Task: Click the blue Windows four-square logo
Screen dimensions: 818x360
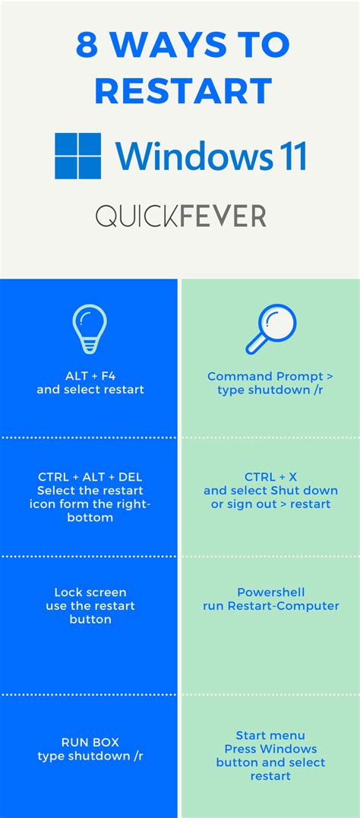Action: coord(78,156)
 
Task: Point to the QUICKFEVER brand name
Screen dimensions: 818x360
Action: coord(181,216)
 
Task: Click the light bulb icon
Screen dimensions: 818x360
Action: coord(90,331)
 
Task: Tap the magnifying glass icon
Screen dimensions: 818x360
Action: coord(270,331)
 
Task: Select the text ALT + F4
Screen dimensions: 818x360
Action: coord(90,376)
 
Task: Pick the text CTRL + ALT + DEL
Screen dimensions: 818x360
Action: coord(90,476)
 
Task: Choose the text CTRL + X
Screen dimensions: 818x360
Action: coord(270,476)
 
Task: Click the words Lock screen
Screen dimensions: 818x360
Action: coord(90,592)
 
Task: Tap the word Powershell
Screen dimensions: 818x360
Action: coord(270,592)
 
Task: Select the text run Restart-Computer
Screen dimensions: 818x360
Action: coord(270,605)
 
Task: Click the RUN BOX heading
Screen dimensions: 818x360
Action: coord(90,742)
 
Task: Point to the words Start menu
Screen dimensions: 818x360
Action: coord(270,735)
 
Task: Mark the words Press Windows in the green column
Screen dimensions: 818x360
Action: coord(270,749)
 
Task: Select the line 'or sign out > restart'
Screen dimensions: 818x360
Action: coord(270,504)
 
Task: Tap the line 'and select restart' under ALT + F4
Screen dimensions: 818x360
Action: coord(90,390)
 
